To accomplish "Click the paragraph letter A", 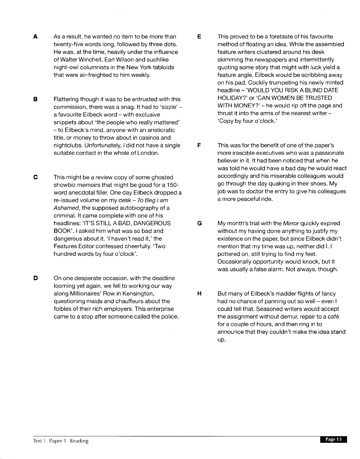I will tap(35, 37).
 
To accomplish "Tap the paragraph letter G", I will tap(199, 223).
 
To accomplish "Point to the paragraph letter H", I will tap(199, 294).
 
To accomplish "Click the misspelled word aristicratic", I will tap(160, 130).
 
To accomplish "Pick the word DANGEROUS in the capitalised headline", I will tap(152, 223).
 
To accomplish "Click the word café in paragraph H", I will tap(332, 317).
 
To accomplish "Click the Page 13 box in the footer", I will tap(333, 440).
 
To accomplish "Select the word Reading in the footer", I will tap(79, 441).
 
